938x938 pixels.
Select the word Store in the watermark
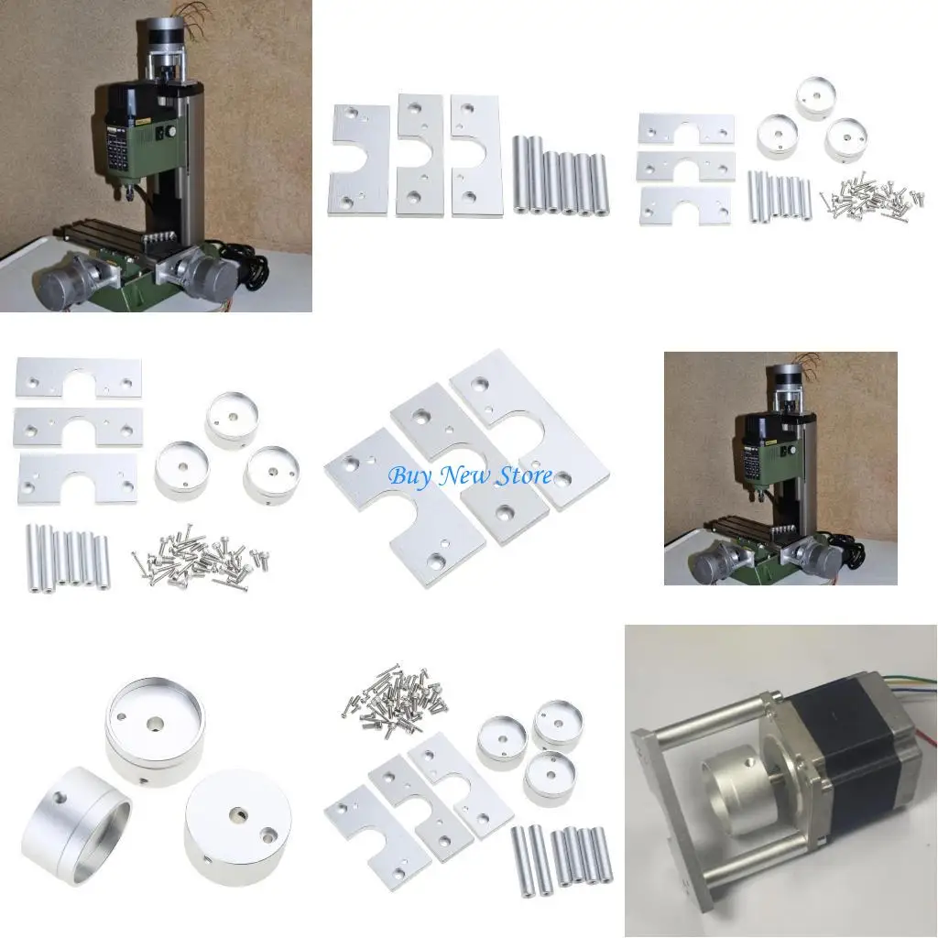pos(522,475)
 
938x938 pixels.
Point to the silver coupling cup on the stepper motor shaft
pos(733,779)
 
